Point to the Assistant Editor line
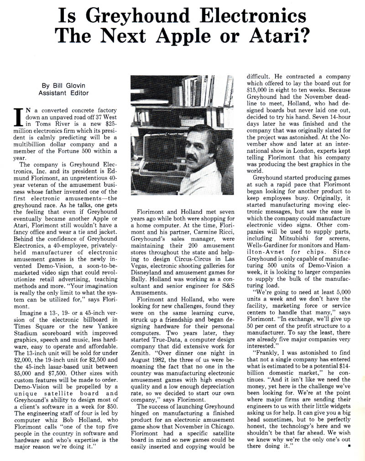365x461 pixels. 64,93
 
